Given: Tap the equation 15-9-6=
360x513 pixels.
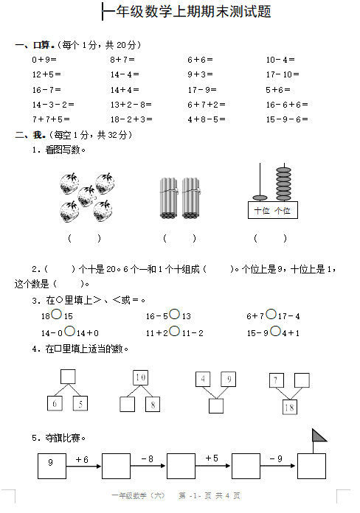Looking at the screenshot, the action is click(287, 119).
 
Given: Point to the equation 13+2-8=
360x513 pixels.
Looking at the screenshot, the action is click(131, 105).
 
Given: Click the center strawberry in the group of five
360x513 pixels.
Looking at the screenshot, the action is click(87, 196).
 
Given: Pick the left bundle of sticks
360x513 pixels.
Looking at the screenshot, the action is click(169, 198).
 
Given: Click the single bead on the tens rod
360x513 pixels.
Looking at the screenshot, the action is click(260, 198).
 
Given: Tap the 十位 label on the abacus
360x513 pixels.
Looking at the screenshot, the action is click(262, 211).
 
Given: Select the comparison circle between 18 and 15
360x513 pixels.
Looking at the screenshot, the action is click(57, 315).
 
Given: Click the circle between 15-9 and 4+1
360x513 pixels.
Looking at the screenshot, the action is click(275, 331).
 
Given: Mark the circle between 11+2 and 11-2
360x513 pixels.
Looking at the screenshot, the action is click(175, 331).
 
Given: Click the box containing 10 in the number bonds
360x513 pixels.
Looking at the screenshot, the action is click(140, 377).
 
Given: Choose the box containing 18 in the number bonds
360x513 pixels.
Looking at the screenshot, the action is click(290, 408).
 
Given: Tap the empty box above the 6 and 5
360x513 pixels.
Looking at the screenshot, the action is click(68, 377).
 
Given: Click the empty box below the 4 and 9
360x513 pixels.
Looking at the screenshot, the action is click(216, 405).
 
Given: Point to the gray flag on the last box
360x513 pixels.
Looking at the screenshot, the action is click(319, 436).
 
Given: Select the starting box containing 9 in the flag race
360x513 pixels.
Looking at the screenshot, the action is click(52, 466).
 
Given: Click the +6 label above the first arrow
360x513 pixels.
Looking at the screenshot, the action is click(82, 460).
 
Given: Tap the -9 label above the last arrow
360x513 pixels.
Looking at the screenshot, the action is click(276, 459).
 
